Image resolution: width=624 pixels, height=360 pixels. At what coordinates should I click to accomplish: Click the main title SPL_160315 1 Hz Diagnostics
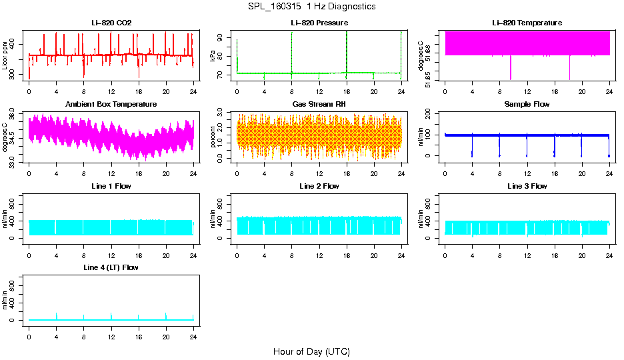coord(311,7)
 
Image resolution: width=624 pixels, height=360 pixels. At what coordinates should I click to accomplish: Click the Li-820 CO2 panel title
coord(111,23)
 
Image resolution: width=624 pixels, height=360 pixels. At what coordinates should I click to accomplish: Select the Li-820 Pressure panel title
coord(319,23)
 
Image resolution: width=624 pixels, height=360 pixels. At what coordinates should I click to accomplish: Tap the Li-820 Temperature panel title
coord(527,23)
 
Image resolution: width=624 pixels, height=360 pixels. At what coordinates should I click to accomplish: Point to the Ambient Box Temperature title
coord(111,105)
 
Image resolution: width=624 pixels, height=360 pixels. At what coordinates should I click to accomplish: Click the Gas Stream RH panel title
coord(319,105)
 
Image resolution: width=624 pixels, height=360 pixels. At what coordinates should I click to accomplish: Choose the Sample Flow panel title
coord(527,105)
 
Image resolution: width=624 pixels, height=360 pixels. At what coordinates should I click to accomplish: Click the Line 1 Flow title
coord(111,186)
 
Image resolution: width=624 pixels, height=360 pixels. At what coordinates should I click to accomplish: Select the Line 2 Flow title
coord(319,186)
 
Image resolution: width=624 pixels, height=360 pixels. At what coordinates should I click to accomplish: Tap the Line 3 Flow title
coord(527,186)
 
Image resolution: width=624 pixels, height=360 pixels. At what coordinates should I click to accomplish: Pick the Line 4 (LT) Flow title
coord(111,267)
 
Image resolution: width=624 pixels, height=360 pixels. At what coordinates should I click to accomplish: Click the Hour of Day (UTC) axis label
coord(311,351)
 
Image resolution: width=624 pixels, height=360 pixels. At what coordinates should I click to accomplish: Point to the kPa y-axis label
coord(213,56)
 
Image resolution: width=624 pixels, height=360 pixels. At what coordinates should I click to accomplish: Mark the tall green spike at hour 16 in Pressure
coord(347,50)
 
